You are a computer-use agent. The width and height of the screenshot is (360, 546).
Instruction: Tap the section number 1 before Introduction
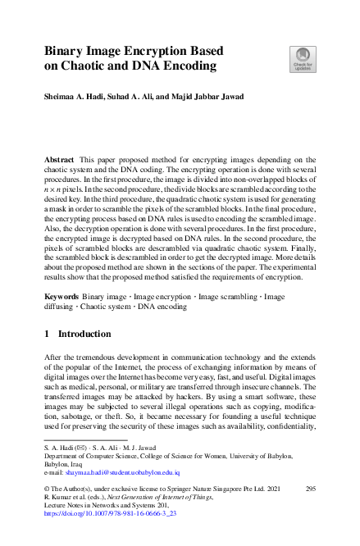coord(47,335)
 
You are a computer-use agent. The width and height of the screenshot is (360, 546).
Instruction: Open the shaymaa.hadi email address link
coord(125,472)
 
